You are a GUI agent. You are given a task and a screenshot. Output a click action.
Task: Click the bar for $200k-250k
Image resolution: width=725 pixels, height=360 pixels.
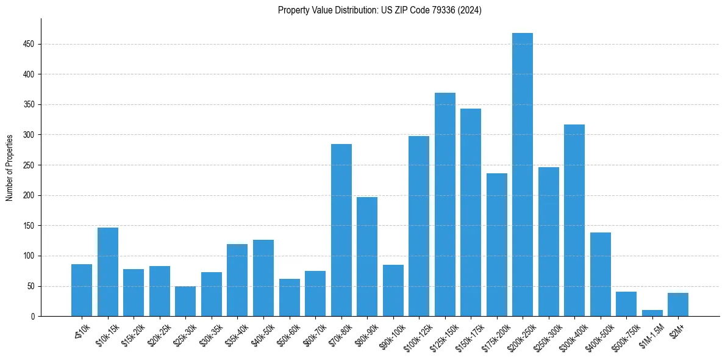(x=523, y=175)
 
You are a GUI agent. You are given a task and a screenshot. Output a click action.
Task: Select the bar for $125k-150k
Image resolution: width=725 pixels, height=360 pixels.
(x=445, y=204)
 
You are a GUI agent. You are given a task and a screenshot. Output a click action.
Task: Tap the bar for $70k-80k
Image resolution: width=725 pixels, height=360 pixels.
(x=341, y=230)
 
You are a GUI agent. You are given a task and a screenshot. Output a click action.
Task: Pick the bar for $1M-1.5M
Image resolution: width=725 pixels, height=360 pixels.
(x=652, y=313)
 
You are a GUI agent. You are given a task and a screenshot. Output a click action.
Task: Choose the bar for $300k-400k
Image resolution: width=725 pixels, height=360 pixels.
(x=574, y=220)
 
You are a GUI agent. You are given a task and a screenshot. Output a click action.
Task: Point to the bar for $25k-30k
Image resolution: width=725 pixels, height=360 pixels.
(x=185, y=301)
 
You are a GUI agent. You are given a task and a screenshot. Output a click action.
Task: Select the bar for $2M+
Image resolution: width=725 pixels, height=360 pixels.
(x=678, y=304)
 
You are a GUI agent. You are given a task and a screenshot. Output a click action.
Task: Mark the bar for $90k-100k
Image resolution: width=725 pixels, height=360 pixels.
(x=393, y=290)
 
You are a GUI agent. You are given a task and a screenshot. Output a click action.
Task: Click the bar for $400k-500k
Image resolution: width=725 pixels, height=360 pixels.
(x=601, y=275)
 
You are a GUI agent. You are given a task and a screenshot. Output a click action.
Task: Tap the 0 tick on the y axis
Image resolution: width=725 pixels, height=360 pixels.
(x=35, y=316)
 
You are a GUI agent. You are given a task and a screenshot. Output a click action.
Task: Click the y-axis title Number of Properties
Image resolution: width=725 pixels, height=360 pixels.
(x=9, y=168)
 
